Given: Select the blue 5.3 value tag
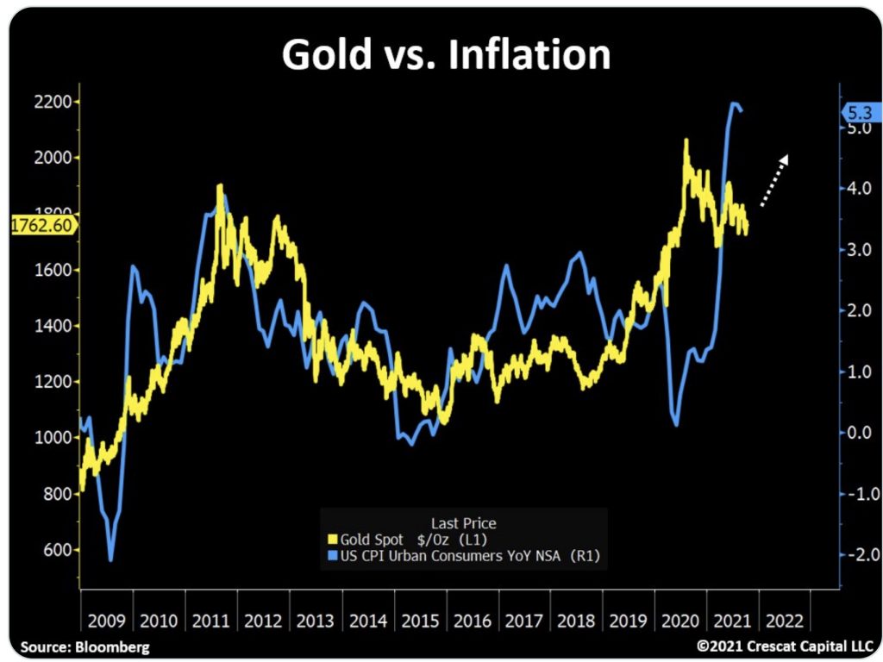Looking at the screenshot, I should (861, 112).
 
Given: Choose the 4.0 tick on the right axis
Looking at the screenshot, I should (861, 188).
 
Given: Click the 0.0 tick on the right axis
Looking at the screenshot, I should (861, 432).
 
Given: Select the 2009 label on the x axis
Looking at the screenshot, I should (106, 620).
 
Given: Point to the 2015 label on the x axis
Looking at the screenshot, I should (420, 620).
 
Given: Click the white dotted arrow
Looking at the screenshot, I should (773, 181).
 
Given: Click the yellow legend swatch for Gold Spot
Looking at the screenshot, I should (333, 540).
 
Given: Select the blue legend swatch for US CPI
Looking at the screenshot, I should (333, 557).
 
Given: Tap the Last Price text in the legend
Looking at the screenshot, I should (463, 522).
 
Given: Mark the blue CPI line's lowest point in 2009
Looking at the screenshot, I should (111, 560).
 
